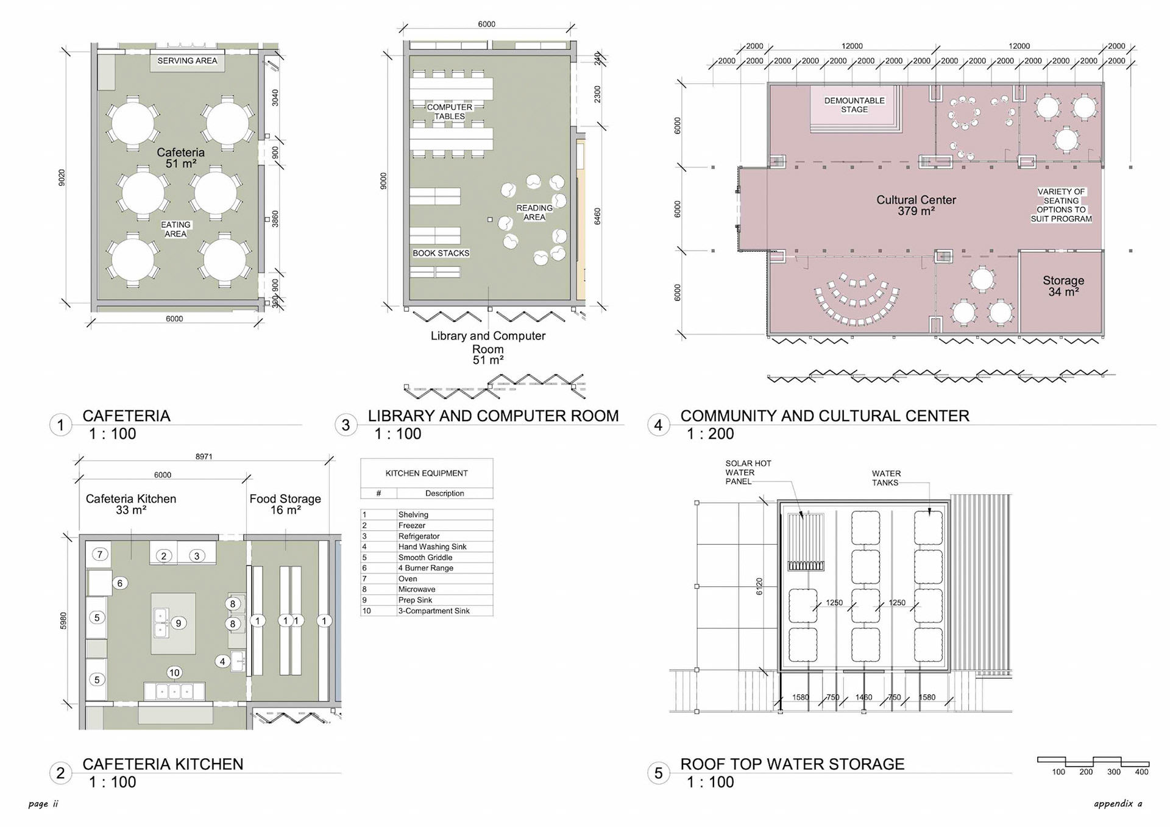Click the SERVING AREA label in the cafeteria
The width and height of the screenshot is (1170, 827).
(x=187, y=61)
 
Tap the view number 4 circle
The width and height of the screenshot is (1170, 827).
(x=658, y=425)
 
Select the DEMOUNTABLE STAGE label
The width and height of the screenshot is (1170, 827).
(x=854, y=105)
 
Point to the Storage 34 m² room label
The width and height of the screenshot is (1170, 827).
(x=1063, y=286)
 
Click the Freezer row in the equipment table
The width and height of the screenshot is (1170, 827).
(x=427, y=525)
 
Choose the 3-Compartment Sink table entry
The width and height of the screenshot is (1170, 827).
(x=427, y=611)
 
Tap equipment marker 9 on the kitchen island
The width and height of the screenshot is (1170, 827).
(x=179, y=623)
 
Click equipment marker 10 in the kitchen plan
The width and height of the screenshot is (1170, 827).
(x=174, y=673)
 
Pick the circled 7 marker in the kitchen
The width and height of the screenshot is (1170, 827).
(x=100, y=554)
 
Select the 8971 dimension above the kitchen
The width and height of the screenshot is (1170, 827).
(x=204, y=456)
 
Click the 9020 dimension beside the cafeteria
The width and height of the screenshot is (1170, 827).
(x=62, y=178)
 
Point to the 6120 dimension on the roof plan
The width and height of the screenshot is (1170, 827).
(x=759, y=587)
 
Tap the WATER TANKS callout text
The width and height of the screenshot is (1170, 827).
(x=886, y=478)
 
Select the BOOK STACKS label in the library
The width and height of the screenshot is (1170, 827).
(x=441, y=253)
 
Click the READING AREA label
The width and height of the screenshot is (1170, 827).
(x=534, y=212)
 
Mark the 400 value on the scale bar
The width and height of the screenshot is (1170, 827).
(x=1141, y=772)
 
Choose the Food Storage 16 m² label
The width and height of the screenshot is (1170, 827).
(x=285, y=504)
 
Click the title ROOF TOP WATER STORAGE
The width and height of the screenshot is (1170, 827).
(x=792, y=764)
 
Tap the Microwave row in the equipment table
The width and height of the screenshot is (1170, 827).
(x=427, y=589)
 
